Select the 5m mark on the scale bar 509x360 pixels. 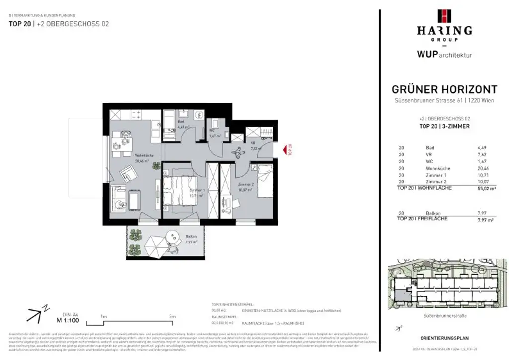pyautogui.click(x=172, y=316)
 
